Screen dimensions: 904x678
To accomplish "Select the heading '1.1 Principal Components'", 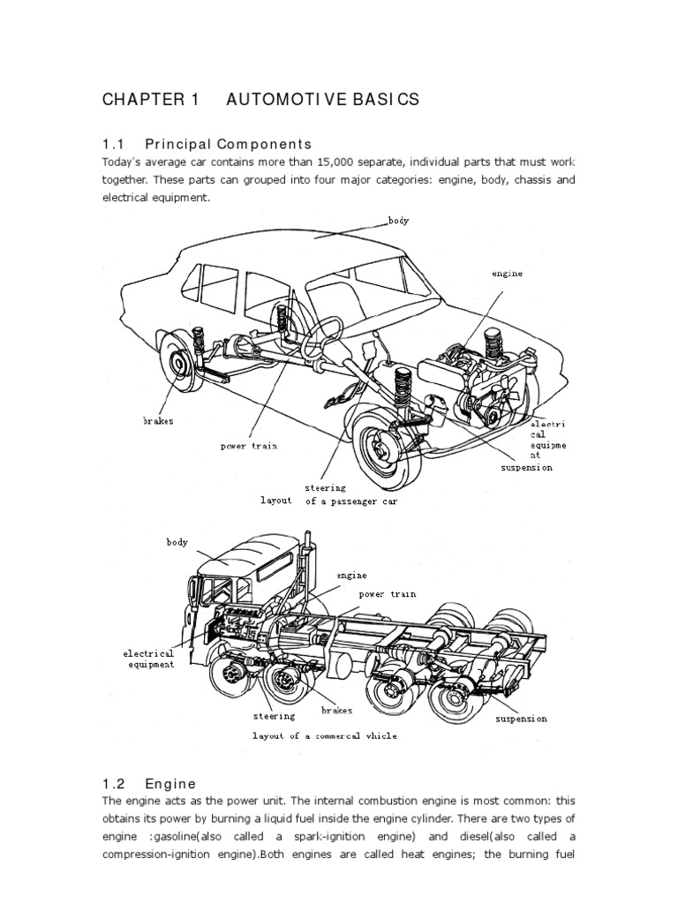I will click(x=207, y=144).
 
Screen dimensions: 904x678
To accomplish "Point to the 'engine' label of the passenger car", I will click(x=508, y=274).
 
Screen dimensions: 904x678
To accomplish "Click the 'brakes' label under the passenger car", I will click(x=159, y=421).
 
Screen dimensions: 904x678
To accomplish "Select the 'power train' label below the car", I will click(x=249, y=446).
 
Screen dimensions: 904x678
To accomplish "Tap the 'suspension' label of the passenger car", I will click(x=526, y=467).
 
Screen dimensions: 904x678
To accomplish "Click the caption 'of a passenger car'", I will click(x=351, y=501).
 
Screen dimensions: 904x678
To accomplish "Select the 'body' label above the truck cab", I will click(x=177, y=541).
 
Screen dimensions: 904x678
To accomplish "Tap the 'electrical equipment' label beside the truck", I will click(x=148, y=659).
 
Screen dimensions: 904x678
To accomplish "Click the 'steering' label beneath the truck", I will click(x=275, y=716).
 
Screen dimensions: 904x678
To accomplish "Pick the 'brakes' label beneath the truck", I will click(x=336, y=709).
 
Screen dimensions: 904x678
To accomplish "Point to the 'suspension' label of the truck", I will click(x=521, y=719).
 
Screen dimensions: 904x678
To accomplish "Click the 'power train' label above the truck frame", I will click(x=387, y=594).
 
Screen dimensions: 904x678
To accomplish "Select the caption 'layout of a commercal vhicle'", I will click(x=325, y=735).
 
